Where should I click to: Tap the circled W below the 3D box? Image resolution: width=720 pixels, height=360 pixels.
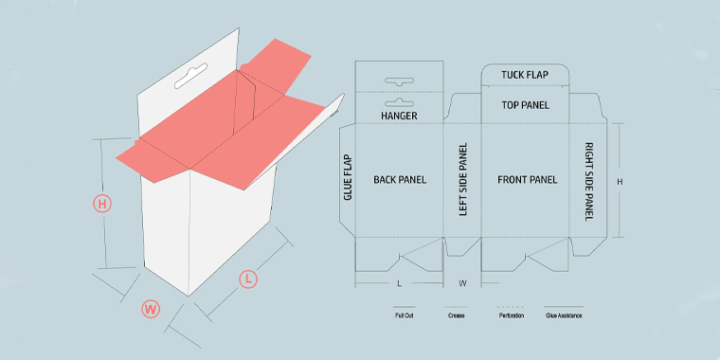(x=150, y=308)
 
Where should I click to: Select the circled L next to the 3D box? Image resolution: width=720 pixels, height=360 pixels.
(x=246, y=279)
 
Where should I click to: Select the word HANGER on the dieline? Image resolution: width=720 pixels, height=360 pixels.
(x=399, y=116)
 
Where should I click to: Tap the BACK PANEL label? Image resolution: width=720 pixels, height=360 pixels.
(x=399, y=179)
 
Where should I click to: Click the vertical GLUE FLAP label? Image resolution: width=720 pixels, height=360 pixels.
(x=348, y=177)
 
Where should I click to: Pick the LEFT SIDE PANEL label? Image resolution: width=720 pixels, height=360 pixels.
(x=463, y=179)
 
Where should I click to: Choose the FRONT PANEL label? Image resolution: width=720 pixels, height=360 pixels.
(x=527, y=179)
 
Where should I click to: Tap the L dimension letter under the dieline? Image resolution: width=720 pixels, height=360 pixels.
(x=399, y=283)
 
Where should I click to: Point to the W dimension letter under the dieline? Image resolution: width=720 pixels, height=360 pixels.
(x=463, y=283)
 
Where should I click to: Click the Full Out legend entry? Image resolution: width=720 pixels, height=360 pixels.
(x=404, y=315)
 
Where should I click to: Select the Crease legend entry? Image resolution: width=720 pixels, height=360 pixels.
(x=456, y=315)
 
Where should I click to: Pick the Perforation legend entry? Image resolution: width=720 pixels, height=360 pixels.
(x=511, y=315)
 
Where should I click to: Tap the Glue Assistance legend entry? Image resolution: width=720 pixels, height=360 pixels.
(x=564, y=315)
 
